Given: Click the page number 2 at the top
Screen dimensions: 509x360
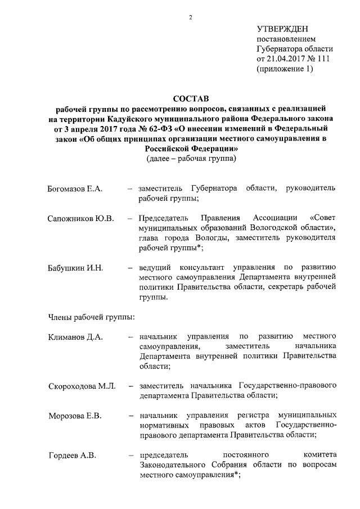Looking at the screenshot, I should tap(191, 17).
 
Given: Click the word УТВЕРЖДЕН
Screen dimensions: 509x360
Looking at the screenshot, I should tap(282, 29).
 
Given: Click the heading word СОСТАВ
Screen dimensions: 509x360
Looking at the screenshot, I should tap(190, 99).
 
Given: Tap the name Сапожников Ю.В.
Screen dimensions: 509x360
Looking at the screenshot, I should tap(81, 218).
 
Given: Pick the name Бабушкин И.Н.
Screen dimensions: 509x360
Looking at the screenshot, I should tap(75, 267).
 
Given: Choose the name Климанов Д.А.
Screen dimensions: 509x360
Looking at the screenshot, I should tap(75, 336).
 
